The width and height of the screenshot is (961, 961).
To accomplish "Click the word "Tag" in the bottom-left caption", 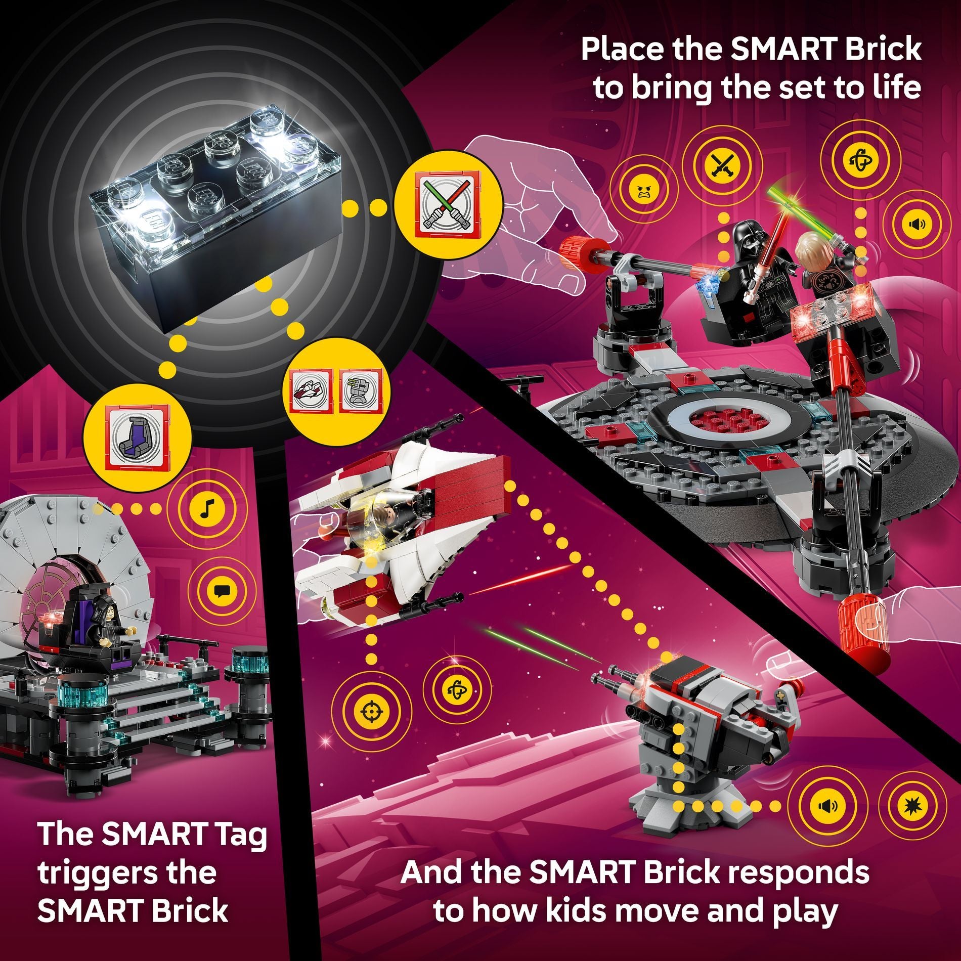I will (238, 834).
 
